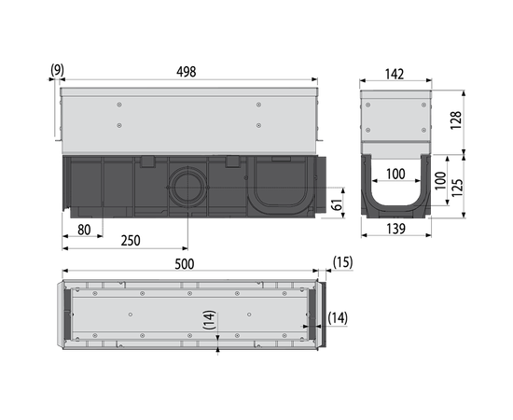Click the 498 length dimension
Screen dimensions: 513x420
tap(187, 72)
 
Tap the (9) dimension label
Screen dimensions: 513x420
tap(57, 70)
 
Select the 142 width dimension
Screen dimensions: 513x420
tap(395, 75)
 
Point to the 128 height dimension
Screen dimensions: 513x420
tap(456, 120)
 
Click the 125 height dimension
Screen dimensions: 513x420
tap(457, 188)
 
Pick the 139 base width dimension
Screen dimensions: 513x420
tap(395, 229)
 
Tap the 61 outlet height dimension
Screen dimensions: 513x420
tap(337, 204)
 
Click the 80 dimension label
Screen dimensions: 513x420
tap(84, 230)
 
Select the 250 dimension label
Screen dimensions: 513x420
tap(131, 241)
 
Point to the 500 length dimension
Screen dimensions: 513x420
tap(184, 264)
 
